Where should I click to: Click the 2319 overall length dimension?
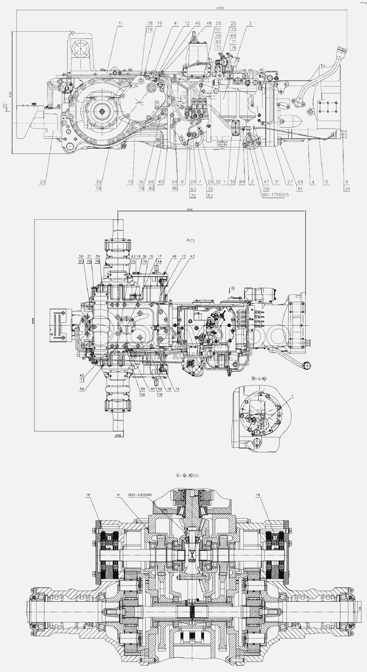[220, 8]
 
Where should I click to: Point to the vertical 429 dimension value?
[10, 94]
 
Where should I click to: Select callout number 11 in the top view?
[120, 23]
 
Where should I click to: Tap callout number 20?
[42, 182]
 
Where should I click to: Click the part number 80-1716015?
[275, 195]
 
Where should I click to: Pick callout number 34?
[347, 188]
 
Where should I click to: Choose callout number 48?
[209, 23]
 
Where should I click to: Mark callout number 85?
[218, 42]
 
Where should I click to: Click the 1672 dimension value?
[190, 209]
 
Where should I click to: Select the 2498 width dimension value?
[33, 321]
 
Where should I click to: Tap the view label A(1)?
[190, 240]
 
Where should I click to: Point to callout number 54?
[82, 389]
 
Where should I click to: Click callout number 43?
[192, 257]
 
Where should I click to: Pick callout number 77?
[82, 380]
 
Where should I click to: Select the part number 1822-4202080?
[140, 495]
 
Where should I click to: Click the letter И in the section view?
[118, 495]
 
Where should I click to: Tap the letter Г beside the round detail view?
[293, 396]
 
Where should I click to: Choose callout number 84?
[242, 182]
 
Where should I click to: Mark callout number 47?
[266, 182]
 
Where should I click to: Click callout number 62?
[133, 257]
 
